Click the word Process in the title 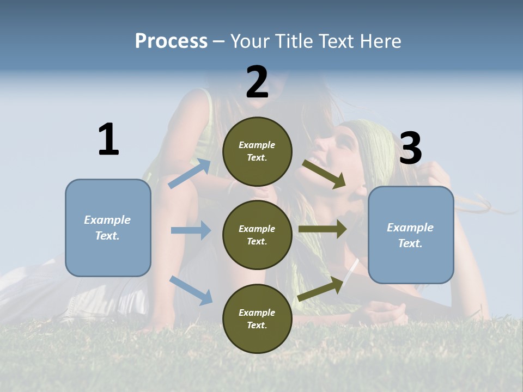tap(171, 41)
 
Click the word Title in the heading tap(293, 41)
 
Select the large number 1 tap(108, 140)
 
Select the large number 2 tap(257, 82)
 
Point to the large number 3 tap(410, 149)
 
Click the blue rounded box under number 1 tap(108, 228)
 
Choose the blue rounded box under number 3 tap(411, 235)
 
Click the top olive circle tap(257, 151)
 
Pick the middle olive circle tap(257, 235)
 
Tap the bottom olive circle tap(257, 318)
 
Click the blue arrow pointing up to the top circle tap(190, 174)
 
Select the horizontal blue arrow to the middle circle tap(191, 230)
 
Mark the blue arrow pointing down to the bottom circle tap(191, 290)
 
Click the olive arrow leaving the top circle tap(324, 174)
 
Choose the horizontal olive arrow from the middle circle tap(323, 229)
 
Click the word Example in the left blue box tap(107, 220)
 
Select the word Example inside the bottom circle tap(257, 313)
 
